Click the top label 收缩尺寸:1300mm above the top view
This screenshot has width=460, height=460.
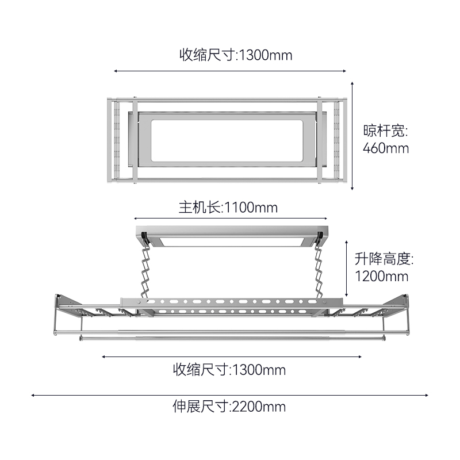[236, 55]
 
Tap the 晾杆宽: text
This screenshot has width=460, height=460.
[385, 131]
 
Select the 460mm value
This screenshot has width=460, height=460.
[386, 148]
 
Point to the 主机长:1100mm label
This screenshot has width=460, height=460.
[228, 208]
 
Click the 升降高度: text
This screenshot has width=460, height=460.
[384, 258]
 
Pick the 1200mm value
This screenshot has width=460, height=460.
[381, 277]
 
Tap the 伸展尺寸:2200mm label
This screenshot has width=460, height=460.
[229, 407]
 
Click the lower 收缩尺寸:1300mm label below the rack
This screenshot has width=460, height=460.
[229, 370]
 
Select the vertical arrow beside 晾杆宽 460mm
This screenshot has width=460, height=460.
[352, 136]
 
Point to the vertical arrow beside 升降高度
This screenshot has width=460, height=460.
[347, 269]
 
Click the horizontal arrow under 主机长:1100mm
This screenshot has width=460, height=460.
[231, 218]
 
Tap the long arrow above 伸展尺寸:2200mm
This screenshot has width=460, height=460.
[229, 395]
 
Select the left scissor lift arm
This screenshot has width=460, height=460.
[145, 271]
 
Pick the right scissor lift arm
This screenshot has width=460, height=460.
[319, 271]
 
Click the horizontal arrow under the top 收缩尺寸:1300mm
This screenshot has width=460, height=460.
[230, 71]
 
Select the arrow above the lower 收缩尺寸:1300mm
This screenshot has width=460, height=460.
[232, 356]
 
